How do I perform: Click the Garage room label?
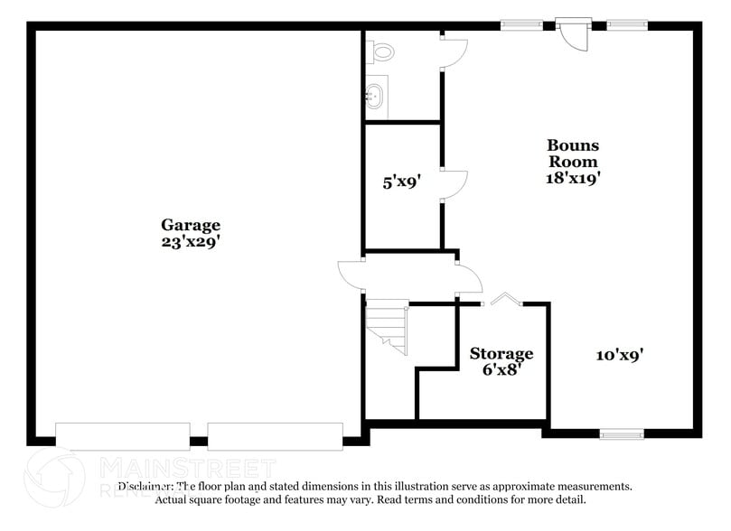coord(190,225)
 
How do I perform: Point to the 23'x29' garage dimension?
coord(190,241)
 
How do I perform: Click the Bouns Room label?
coord(573,154)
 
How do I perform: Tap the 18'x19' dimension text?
coord(573,178)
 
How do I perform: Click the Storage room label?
coord(501,353)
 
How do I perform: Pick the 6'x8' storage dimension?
coord(501,369)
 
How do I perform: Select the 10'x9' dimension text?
coord(618,355)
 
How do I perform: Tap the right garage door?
coord(276,435)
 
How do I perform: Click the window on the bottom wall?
coord(622,434)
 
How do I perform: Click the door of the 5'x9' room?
coord(455,184)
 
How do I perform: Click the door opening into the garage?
coord(351,274)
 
